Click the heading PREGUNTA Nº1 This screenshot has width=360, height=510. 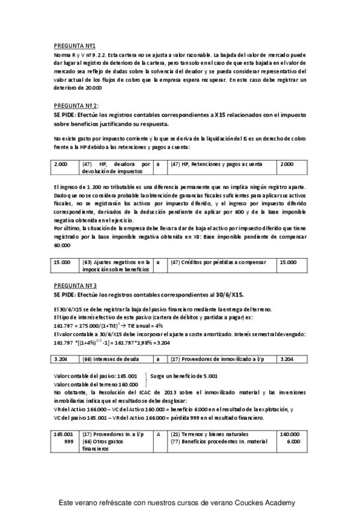70,46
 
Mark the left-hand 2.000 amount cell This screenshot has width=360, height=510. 61,164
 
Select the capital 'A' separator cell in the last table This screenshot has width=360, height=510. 158,434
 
